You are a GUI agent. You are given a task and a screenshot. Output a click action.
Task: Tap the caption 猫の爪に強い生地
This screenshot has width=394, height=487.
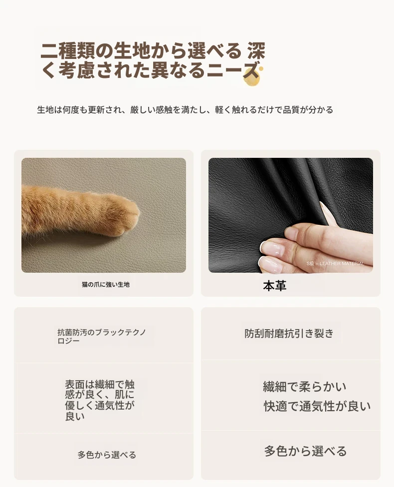pos(106,285)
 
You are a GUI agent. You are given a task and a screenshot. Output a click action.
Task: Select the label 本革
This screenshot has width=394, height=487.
pos(274,286)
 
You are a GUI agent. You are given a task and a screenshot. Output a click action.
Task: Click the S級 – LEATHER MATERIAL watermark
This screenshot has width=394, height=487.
pos(335,263)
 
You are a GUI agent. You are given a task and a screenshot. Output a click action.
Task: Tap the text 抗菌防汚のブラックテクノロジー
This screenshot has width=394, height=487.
pos(101,336)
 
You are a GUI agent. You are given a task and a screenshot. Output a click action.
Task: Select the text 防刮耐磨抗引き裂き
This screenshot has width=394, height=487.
pos(289,333)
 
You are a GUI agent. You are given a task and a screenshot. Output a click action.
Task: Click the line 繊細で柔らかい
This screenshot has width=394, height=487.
pos(304,387)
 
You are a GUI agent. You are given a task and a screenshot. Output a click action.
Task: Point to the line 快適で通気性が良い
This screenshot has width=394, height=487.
pos(317,406)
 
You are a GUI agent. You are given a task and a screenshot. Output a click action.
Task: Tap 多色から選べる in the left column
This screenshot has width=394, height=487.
pos(107,455)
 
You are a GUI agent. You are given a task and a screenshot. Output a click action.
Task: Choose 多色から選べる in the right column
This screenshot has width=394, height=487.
pos(305,451)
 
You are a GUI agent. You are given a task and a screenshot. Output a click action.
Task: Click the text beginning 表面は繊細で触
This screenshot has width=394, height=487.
pos(100,401)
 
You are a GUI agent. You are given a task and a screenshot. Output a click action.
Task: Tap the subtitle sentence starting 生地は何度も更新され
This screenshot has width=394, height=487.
pos(185,110)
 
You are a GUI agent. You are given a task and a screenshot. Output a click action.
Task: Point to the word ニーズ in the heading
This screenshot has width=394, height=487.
pos(233,70)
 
